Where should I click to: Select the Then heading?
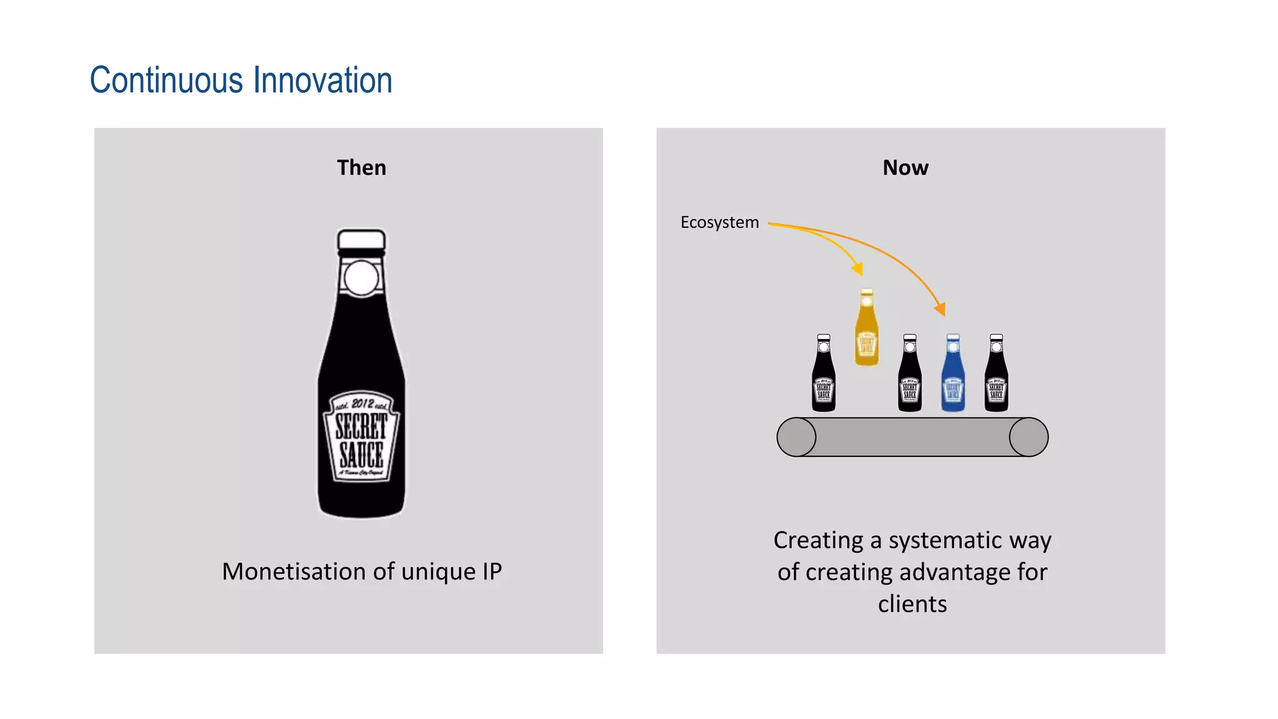pyautogui.click(x=361, y=167)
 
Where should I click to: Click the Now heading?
pyautogui.click(x=905, y=167)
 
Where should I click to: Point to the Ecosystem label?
pyautogui.click(x=719, y=222)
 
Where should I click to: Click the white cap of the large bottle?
pyautogui.click(x=361, y=239)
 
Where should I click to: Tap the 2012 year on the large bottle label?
pyautogui.click(x=363, y=403)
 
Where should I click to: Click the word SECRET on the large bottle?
pyautogui.click(x=361, y=428)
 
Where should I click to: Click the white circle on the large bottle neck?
pyautogui.click(x=361, y=278)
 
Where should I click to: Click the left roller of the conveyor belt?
pyautogui.click(x=796, y=437)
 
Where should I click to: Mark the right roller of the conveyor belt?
pyautogui.click(x=1028, y=437)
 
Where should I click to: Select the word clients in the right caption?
pyautogui.click(x=912, y=604)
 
